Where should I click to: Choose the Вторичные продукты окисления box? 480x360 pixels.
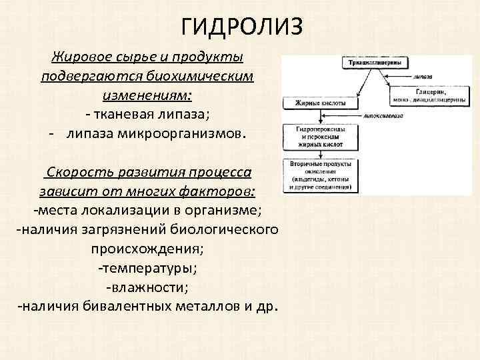317,176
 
